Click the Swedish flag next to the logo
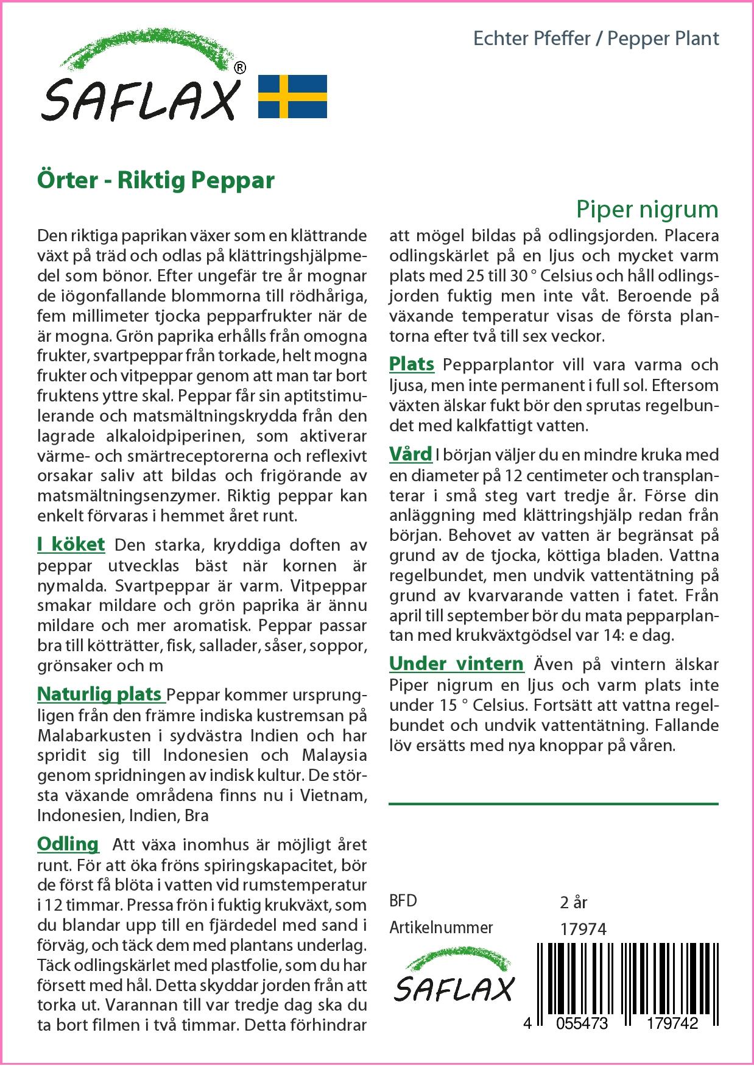(x=292, y=96)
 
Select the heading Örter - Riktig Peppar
(x=156, y=180)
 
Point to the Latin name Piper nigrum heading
(x=647, y=210)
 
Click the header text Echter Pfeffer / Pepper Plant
(x=596, y=39)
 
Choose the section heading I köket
(x=71, y=545)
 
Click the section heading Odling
(x=68, y=844)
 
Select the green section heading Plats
(x=412, y=364)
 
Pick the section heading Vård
(x=410, y=454)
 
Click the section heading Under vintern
(x=456, y=663)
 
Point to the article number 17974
(x=582, y=929)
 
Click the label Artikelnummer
(x=441, y=928)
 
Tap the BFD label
(x=403, y=901)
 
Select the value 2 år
(x=573, y=902)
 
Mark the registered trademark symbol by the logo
(x=240, y=68)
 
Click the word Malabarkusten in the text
(x=92, y=735)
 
